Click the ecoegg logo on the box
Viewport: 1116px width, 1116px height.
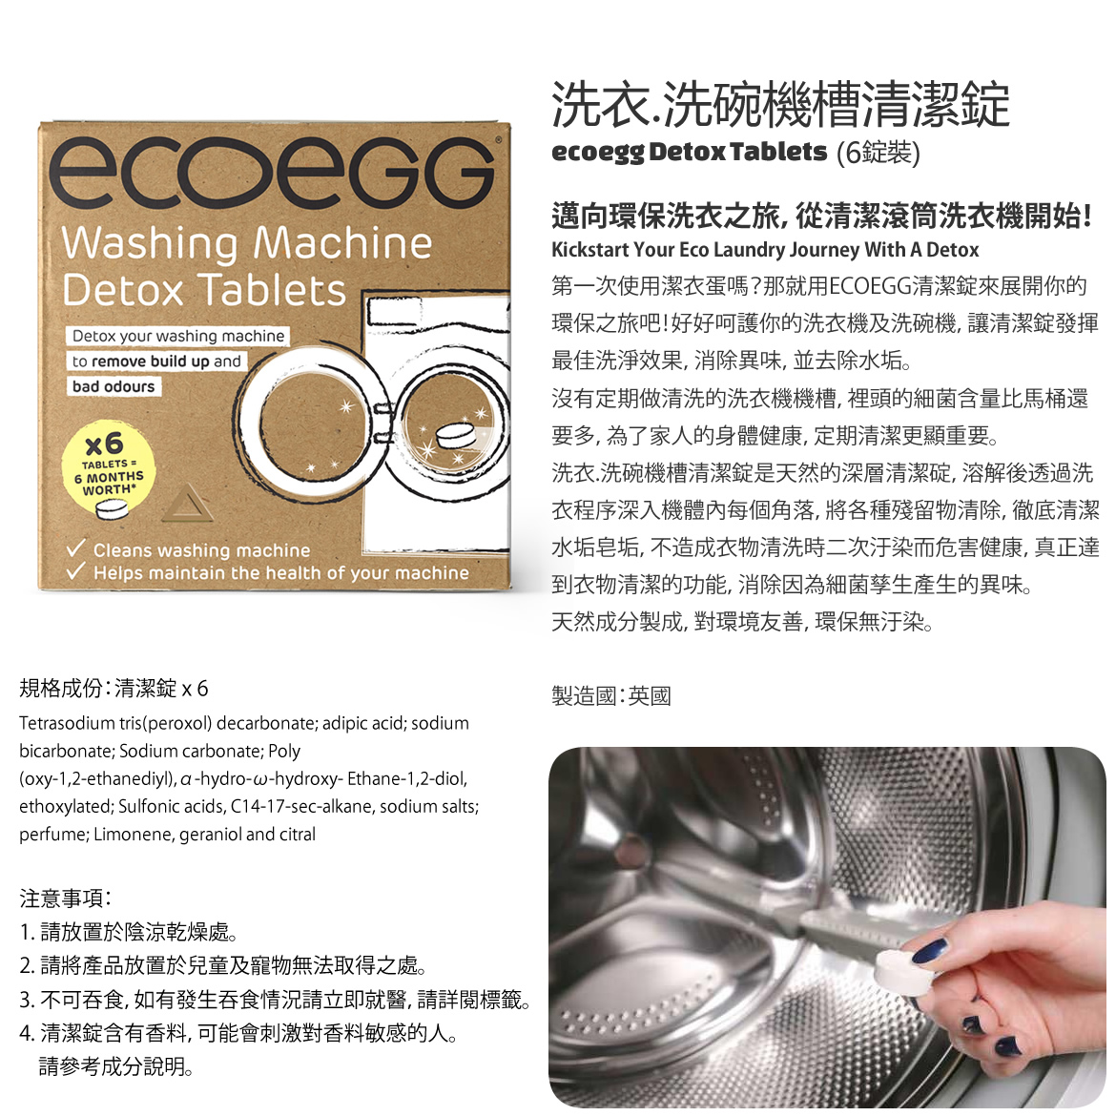click(271, 171)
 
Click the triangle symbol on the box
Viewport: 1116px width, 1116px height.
click(187, 504)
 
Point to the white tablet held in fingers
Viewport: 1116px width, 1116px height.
click(901, 971)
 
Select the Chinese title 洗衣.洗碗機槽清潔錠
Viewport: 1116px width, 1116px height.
click(781, 105)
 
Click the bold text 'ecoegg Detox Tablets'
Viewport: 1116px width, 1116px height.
click(689, 152)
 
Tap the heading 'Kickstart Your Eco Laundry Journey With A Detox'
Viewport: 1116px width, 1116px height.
click(765, 250)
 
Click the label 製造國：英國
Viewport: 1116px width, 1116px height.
click(611, 695)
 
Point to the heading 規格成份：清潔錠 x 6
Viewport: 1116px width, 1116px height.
click(114, 689)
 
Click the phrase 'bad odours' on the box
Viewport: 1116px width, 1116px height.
click(114, 386)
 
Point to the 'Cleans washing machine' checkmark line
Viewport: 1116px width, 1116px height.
click(189, 549)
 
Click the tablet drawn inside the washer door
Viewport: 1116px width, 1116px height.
click(456, 435)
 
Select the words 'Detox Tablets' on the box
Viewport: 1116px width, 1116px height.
click(204, 290)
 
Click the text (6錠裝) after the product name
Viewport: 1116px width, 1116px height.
click(878, 153)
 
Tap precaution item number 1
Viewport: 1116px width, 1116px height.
click(129, 932)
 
